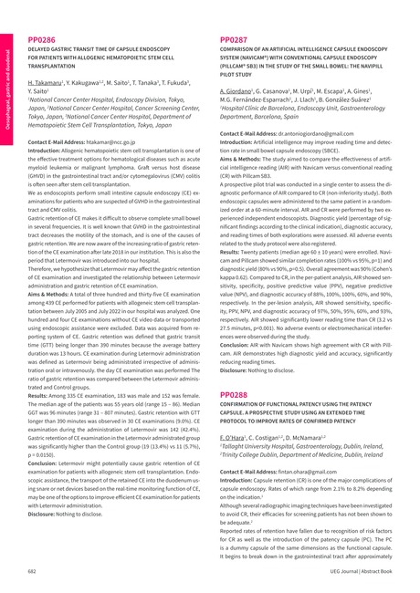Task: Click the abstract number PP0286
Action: [42, 40]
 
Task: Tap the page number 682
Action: [33, 569]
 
